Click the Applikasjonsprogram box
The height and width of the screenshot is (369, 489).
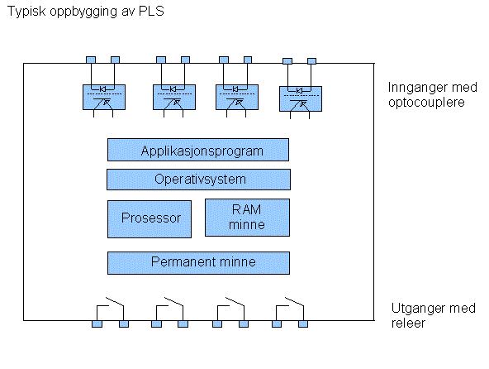coord(198,150)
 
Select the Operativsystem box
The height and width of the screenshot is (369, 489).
coord(198,180)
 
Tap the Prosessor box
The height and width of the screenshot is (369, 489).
coord(150,219)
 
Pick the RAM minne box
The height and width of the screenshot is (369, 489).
coord(247,218)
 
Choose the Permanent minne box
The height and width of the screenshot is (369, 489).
coord(198,263)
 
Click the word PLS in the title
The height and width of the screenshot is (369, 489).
coord(151,12)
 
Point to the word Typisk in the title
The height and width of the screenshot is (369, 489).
coord(26,12)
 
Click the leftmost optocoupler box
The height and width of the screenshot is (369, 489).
coord(104,97)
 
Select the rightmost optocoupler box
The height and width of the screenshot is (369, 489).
coord(301,98)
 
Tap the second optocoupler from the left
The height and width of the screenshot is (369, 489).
coord(174,97)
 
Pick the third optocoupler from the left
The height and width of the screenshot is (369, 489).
coord(237,97)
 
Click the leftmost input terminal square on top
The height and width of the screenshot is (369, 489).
coord(91,60)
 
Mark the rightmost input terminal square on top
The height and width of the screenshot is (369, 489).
coord(312,61)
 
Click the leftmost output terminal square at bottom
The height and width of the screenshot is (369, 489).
coord(97,324)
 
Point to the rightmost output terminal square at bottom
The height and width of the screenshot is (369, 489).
coord(303,324)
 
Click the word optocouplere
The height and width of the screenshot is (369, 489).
coord(426,103)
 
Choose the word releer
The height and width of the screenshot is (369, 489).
coord(408,323)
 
